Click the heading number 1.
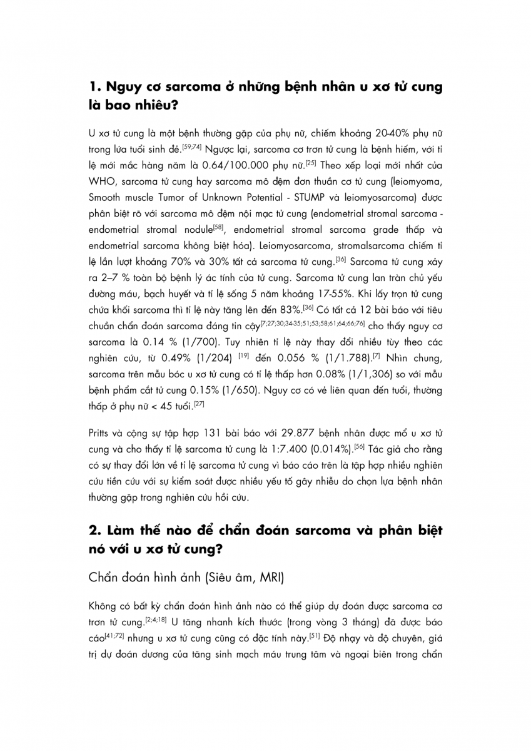pyautogui.click(x=94, y=87)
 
